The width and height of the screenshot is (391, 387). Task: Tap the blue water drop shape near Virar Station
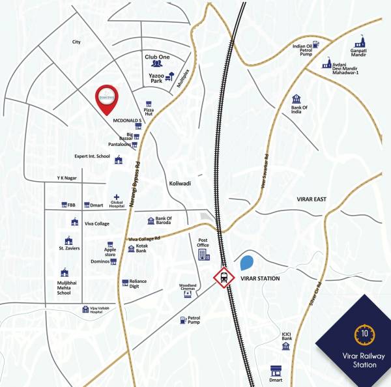(247, 264)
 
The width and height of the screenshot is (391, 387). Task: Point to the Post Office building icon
(203, 253)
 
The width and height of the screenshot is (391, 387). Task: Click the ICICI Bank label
(285, 337)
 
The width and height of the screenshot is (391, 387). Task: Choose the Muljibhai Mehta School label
(64, 289)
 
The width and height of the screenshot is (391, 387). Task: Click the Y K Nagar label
(68, 178)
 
